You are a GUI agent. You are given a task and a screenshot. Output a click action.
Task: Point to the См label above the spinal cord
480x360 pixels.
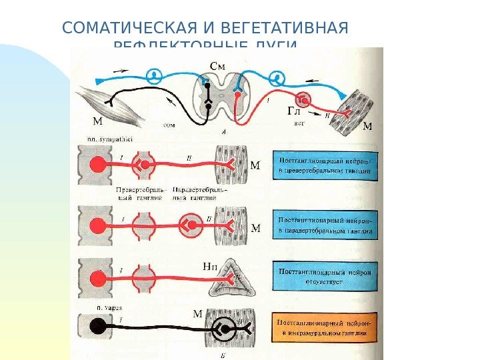(218, 65)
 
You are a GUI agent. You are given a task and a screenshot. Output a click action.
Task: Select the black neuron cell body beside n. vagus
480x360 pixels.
(99, 327)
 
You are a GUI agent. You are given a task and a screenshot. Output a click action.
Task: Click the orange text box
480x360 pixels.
(325, 327)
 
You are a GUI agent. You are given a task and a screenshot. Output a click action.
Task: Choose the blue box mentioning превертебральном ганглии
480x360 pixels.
(325, 166)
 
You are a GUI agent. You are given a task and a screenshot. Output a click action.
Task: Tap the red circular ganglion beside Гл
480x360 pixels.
(305, 99)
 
